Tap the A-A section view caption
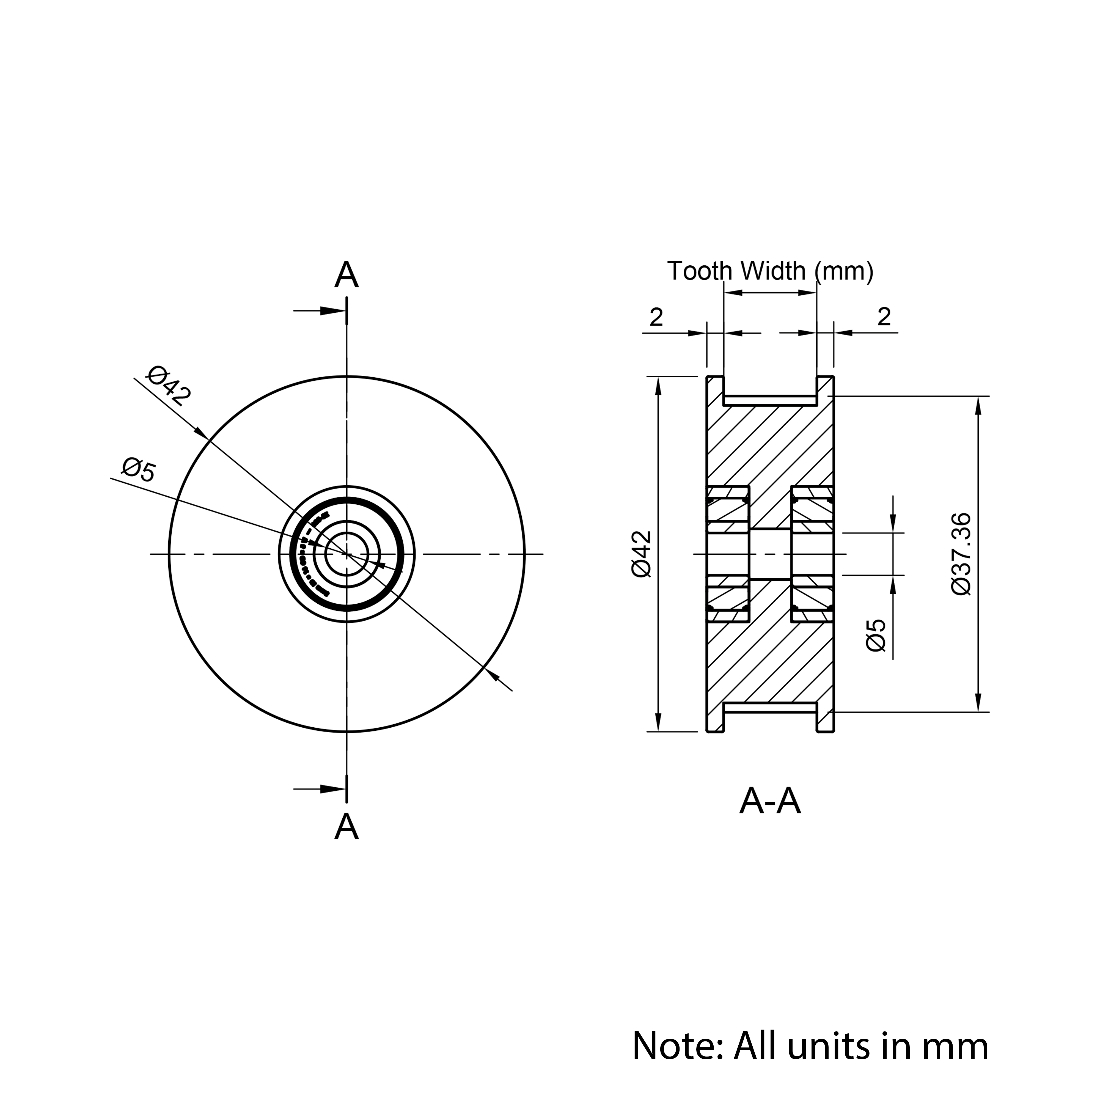coord(770,802)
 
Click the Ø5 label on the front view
coord(138,470)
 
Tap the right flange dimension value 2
coord(884,317)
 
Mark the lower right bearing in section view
coord(812,599)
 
